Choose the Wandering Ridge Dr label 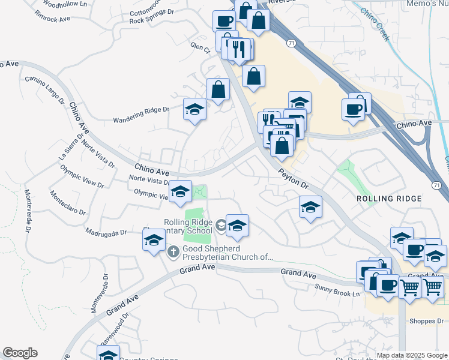(x=142, y=114)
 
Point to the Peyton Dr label (x=293, y=179)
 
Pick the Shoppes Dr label (x=426, y=320)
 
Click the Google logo (x=20, y=353)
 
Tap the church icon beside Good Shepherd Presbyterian (x=173, y=251)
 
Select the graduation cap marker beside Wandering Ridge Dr (x=194, y=110)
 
